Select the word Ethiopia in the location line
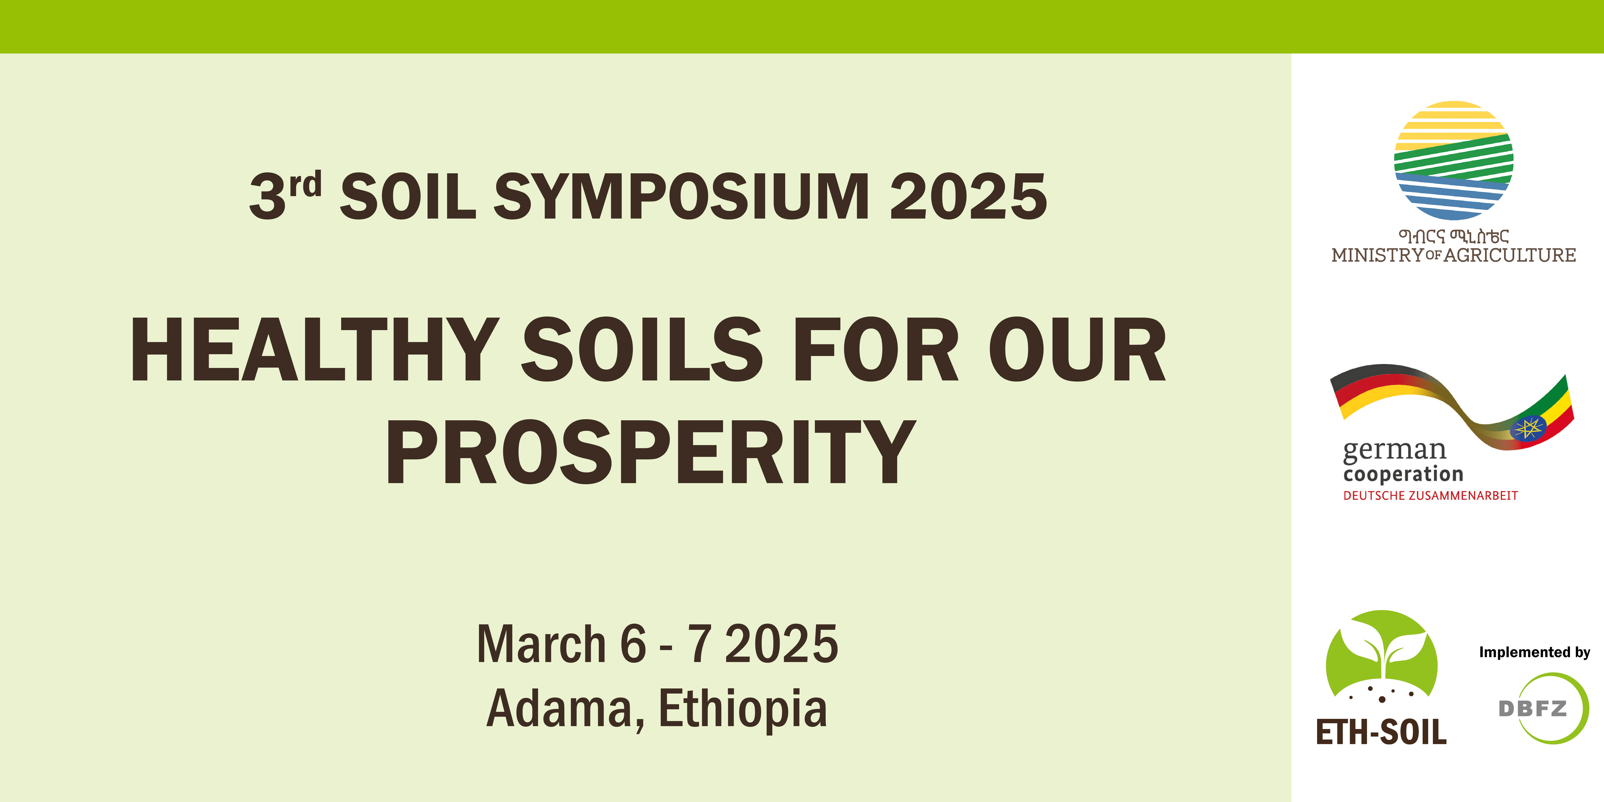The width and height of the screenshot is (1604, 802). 743,710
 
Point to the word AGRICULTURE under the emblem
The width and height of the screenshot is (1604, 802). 1510,255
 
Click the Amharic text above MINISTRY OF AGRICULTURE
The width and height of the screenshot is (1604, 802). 1453,236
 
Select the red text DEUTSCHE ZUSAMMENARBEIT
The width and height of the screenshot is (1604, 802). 1430,496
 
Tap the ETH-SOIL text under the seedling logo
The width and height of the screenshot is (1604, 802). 1381,732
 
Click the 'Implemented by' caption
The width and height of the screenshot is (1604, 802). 1534,652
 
